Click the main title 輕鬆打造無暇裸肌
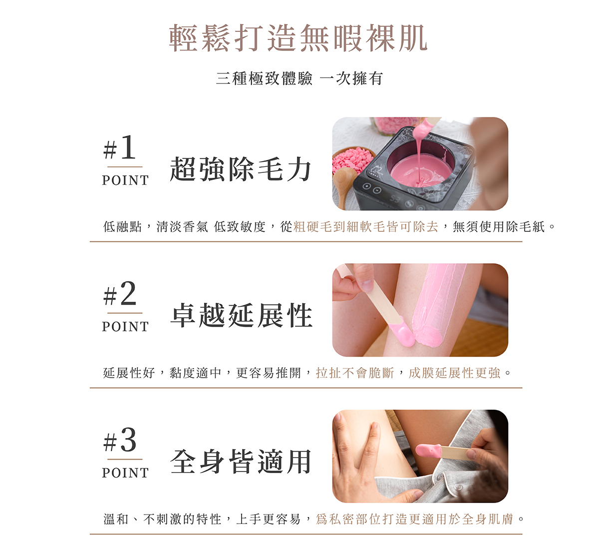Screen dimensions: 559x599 [x=299, y=38]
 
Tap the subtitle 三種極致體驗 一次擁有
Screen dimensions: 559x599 [x=299, y=78]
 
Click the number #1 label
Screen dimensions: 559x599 [x=120, y=148]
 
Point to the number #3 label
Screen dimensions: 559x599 [x=120, y=441]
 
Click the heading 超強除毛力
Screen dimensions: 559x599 [x=241, y=169]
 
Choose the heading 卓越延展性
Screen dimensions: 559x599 [x=242, y=316]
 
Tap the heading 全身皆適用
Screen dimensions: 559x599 [x=241, y=462]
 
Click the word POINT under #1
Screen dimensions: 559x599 [x=125, y=180]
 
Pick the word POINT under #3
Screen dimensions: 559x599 [x=125, y=473]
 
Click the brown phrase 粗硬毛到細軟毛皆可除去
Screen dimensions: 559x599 [x=366, y=227]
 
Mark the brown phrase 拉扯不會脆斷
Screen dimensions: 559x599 [x=355, y=373]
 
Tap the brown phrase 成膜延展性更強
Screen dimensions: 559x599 [x=454, y=373]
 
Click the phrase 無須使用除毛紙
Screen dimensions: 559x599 [x=499, y=227]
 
